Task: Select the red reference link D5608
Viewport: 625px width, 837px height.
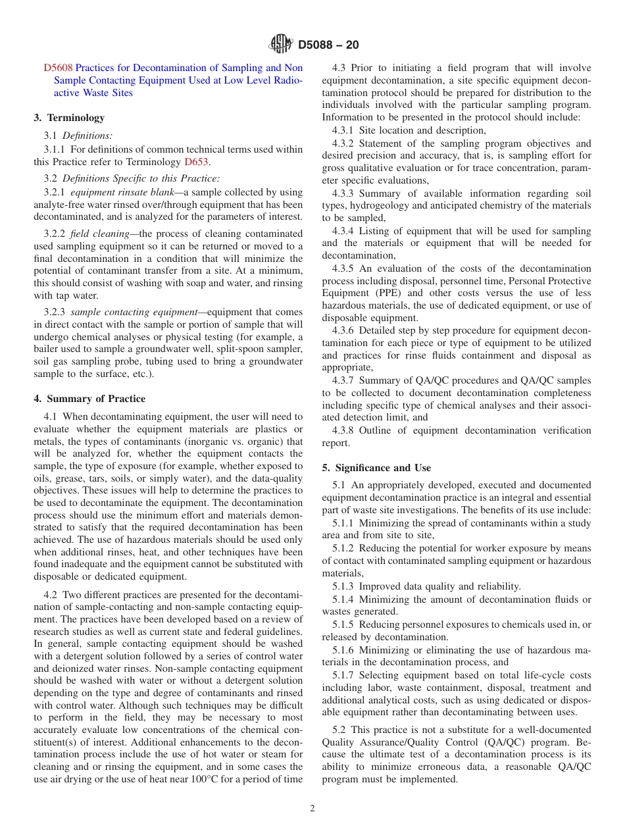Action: (58, 68)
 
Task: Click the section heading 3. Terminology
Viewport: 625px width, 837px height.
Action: (69, 118)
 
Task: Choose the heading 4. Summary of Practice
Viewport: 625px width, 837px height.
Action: (89, 399)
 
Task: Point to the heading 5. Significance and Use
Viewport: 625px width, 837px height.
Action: (376, 468)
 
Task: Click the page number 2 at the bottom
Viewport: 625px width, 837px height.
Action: (312, 809)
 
